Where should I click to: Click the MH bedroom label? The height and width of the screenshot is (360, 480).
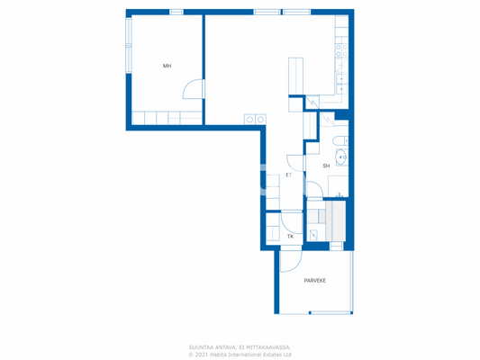click(167, 66)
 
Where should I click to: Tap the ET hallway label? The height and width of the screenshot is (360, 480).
click(288, 175)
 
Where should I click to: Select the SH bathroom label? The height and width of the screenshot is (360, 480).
click(326, 166)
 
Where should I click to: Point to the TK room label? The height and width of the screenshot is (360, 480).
click(290, 237)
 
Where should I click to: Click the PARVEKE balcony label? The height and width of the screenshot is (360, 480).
click(314, 281)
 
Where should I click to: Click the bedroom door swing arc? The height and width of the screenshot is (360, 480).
click(192, 88)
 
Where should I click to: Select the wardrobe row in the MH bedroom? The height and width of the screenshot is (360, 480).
click(167, 118)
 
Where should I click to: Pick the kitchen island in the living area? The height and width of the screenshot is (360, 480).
click(295, 74)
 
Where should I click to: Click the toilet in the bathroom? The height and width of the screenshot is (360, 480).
click(340, 140)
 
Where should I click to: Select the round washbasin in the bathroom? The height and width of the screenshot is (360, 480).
click(342, 157)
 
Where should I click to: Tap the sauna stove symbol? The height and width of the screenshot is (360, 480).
click(313, 235)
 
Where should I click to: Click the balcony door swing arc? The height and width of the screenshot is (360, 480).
click(289, 259)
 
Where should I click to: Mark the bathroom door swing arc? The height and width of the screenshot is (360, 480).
click(313, 189)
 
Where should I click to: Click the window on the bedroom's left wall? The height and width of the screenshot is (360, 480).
click(128, 45)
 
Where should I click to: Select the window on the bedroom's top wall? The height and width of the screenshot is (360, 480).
click(176, 12)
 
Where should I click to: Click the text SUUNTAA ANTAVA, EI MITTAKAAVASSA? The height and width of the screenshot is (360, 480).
click(240, 346)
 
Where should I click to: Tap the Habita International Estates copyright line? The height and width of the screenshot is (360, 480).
click(240, 354)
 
